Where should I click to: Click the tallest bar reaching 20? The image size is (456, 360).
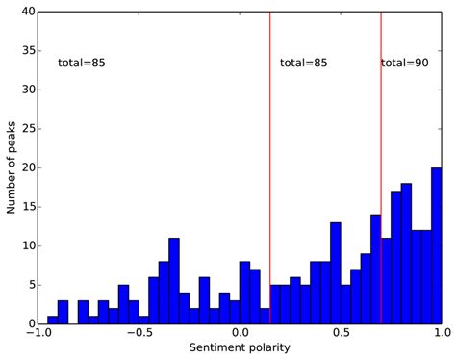437,245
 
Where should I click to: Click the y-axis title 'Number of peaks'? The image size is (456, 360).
13,168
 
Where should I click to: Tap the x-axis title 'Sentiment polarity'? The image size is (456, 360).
240,347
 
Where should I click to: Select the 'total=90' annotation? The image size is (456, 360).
405,63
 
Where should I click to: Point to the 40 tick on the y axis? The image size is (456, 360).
27,13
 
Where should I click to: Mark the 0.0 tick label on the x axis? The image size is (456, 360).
240,334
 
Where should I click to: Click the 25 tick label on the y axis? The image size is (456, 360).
27,129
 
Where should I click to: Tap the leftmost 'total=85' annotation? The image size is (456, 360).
82,63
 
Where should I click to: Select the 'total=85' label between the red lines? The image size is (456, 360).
304,63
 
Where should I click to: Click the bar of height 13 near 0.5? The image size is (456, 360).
336,273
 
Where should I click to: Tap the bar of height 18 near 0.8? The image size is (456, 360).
407,253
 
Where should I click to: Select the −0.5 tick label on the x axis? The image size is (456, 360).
139,334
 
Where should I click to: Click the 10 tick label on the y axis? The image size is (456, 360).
27,245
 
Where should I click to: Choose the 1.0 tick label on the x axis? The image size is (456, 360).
440,334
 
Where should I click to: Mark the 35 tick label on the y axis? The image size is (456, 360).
27,51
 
